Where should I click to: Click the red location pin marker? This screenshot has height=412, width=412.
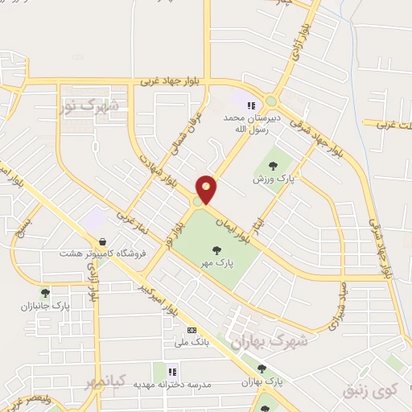pos(207,188)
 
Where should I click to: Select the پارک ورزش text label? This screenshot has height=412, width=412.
pos(272,178)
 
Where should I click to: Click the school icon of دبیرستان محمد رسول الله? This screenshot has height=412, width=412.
pos(250,105)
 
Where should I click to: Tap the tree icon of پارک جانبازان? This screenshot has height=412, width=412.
pos(45,294)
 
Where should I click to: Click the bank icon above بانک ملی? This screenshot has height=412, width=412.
pos(192,330)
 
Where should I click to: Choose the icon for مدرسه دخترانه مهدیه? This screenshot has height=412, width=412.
pos(171,371)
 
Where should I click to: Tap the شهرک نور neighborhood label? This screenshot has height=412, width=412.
pos(89,105)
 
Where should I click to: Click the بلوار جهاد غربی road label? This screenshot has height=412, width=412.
pos(169,81)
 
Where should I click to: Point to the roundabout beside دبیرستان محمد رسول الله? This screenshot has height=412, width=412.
pos(272,101)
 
